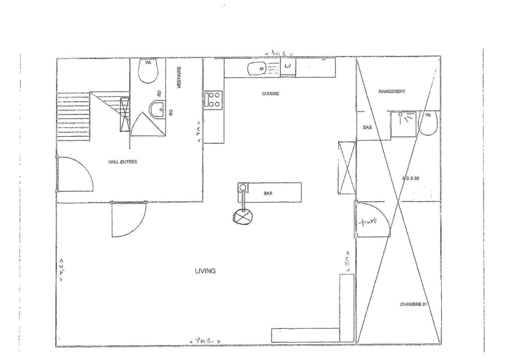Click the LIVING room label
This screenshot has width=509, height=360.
(x=205, y=271)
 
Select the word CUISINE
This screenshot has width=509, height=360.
(x=270, y=93)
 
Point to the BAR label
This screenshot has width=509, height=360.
(x=268, y=194)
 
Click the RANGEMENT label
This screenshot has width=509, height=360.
(x=392, y=91)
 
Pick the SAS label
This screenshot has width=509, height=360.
(x=367, y=128)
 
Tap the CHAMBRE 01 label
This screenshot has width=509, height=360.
(x=413, y=304)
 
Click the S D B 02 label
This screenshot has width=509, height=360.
(x=411, y=179)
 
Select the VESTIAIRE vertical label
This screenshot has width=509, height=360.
(x=179, y=77)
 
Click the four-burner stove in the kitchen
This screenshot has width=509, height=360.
(x=214, y=99)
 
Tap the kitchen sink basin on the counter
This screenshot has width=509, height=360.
(x=258, y=68)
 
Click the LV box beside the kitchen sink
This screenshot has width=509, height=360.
(x=288, y=66)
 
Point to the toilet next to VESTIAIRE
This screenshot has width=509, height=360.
(x=147, y=71)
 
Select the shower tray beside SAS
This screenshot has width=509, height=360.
(x=403, y=124)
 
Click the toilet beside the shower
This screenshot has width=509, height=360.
(x=428, y=122)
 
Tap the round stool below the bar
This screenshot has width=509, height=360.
(x=243, y=216)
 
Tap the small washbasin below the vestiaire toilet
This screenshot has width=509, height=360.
(x=157, y=110)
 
